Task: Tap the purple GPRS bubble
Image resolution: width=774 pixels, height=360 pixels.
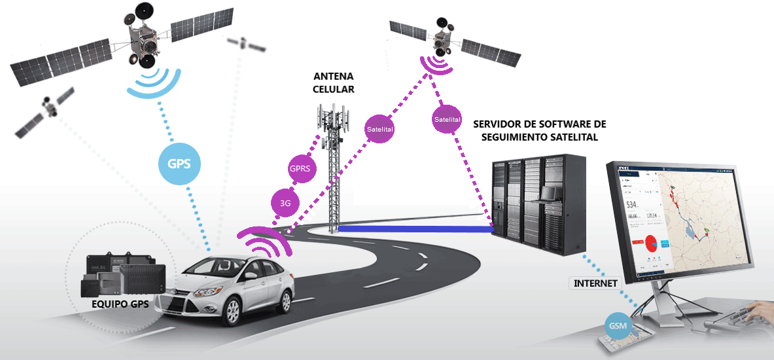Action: coord(303,168)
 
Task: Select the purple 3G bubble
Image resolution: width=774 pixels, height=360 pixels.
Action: coord(285,203)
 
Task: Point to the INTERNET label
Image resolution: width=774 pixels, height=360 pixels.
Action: coord(595,283)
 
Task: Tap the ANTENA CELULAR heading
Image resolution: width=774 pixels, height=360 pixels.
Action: coord(334,82)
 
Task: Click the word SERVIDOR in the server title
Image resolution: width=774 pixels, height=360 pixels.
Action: coord(501,124)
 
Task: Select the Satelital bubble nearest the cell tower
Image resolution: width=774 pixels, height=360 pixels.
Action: coord(379,129)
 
